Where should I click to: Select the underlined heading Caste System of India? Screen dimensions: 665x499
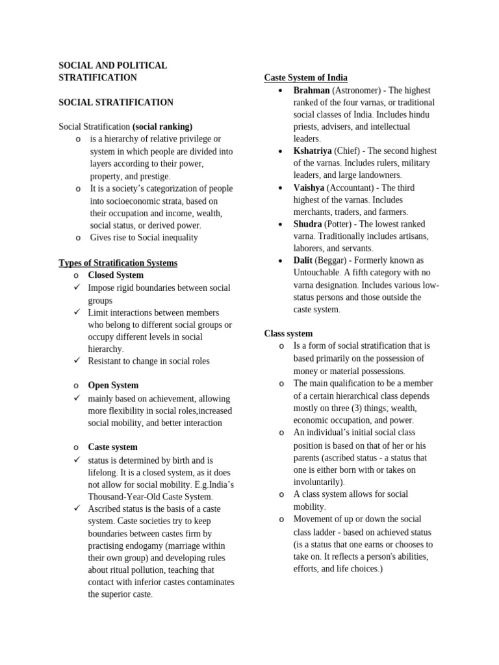click(305, 77)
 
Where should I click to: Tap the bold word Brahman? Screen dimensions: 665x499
click(311, 90)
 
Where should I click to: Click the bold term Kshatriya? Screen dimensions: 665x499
click(313, 151)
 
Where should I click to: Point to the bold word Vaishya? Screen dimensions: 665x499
click(309, 188)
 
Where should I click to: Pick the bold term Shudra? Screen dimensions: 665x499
click(307, 224)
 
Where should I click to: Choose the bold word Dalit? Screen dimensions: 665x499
click(303, 260)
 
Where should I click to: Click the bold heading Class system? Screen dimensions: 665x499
click(288, 333)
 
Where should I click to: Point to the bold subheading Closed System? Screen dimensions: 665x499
click(116, 275)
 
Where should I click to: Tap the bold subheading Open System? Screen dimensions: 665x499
click(113, 385)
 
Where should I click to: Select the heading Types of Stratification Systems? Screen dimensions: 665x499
click(118, 263)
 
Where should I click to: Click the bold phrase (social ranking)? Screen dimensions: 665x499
click(162, 127)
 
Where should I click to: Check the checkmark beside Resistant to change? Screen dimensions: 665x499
click(77, 360)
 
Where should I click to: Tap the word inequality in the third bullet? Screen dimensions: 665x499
click(177, 238)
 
